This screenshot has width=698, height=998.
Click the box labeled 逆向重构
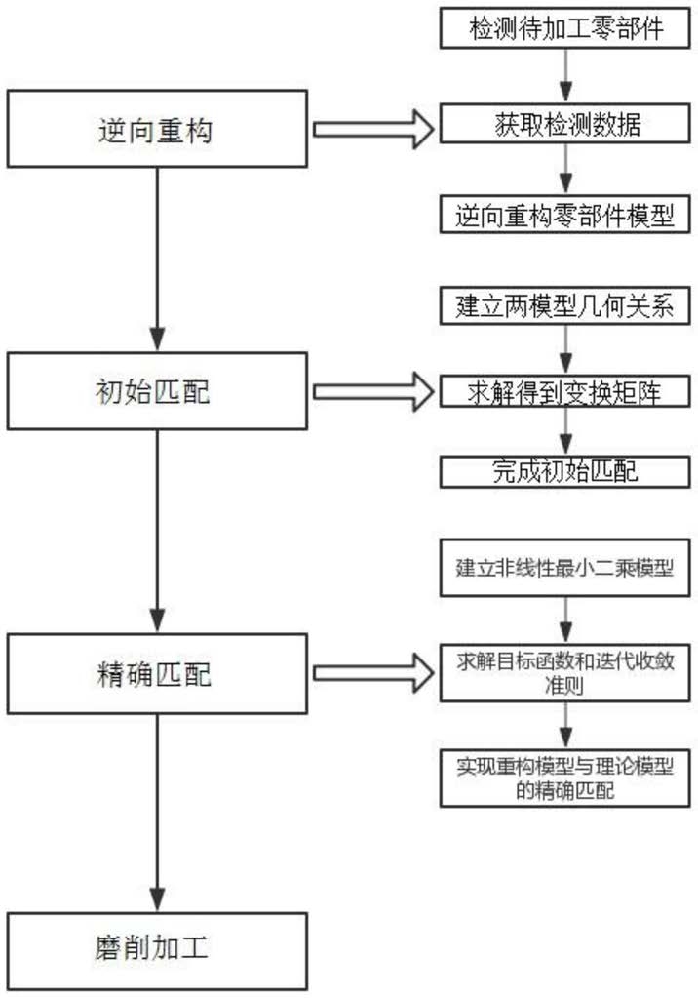coord(157,129)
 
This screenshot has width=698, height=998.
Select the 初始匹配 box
coord(157,391)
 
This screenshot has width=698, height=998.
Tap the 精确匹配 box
coord(157,673)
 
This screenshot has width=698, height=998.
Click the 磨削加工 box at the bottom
coord(157,951)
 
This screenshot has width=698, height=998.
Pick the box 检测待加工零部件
coord(565,28)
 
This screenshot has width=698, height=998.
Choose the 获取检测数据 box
coord(565,124)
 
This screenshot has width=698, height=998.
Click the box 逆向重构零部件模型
coord(565,215)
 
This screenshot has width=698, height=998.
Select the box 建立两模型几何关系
coord(565,305)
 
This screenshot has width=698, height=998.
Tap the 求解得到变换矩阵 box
coord(565,391)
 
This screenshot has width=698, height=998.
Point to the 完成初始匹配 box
coord(565,471)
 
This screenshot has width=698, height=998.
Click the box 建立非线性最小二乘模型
coord(565,568)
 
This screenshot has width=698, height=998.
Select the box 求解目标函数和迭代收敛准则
coord(565,673)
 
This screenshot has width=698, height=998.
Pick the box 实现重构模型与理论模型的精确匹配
coord(565,778)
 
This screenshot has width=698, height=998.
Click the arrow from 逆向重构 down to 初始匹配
coord(157,259)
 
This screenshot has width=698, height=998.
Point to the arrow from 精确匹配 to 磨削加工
coord(157,813)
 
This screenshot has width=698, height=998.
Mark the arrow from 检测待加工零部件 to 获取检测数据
coord(565,76)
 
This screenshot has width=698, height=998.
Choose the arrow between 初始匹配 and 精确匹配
coord(157,532)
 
